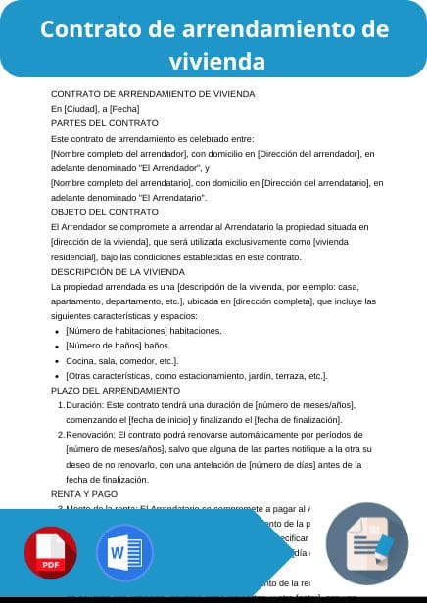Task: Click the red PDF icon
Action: [51, 554]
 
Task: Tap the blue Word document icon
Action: [124, 554]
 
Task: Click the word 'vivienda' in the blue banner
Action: [216, 61]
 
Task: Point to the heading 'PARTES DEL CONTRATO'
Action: [104, 123]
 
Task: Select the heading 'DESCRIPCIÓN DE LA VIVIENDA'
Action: [121, 272]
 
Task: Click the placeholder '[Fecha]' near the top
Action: [124, 109]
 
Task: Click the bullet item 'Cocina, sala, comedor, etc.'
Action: [122, 360]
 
